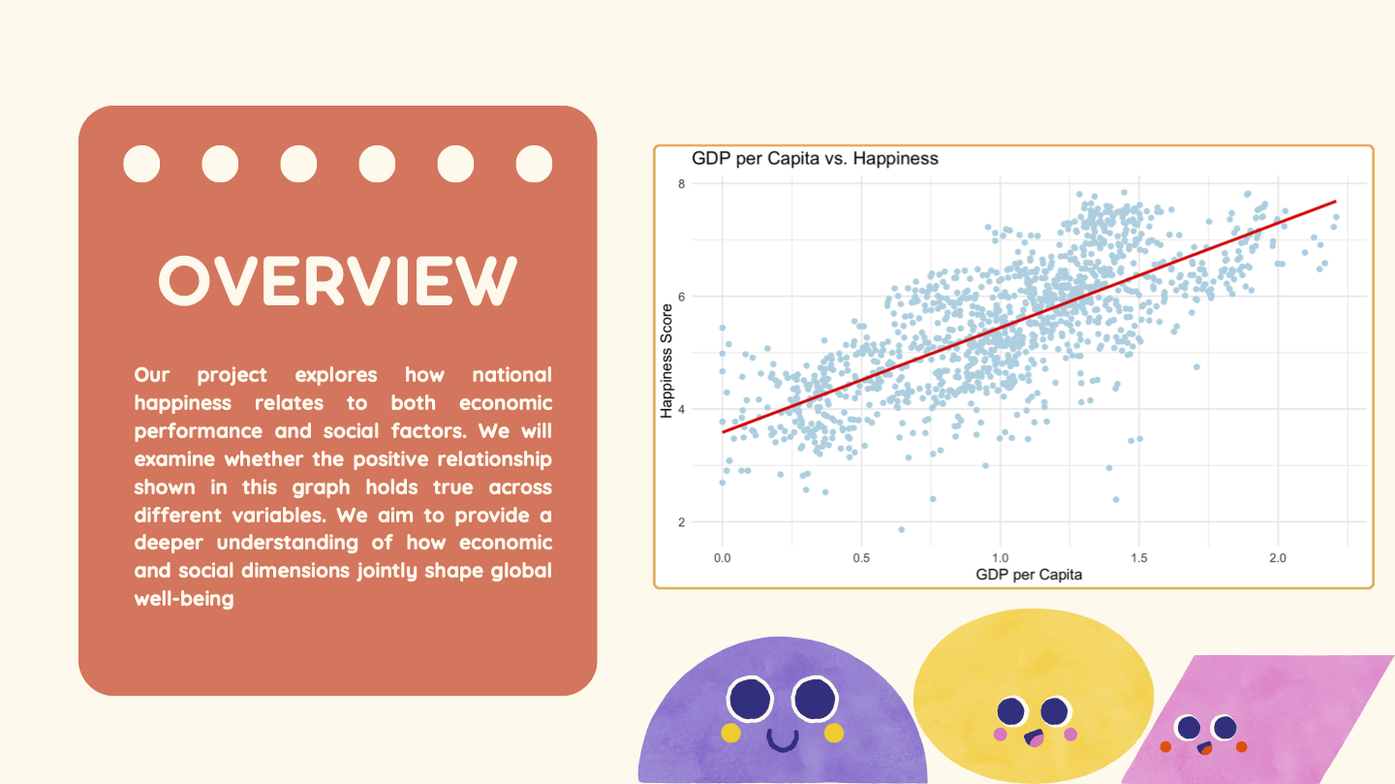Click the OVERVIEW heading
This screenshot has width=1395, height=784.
(x=337, y=281)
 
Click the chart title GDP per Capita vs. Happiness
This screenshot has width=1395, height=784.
(x=815, y=159)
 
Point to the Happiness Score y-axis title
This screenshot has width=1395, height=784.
(x=666, y=361)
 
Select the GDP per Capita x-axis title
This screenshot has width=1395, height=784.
(x=1029, y=575)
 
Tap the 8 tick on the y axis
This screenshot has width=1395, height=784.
(x=681, y=184)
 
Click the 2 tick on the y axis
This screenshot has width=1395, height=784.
(x=681, y=522)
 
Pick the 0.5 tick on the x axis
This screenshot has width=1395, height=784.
(x=861, y=558)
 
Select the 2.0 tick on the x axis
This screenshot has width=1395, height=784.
(x=1277, y=558)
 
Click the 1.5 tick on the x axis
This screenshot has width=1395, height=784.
(x=1139, y=558)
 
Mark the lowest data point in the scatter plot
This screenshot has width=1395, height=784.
(x=901, y=530)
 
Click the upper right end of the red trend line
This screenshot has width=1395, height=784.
(x=1336, y=202)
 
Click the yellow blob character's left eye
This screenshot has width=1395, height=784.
(x=1010, y=711)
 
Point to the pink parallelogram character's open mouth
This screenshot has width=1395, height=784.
(x=1205, y=748)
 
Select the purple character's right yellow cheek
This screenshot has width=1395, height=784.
(x=833, y=733)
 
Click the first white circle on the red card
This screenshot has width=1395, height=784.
(x=141, y=164)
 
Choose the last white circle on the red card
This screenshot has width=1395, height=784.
(x=534, y=164)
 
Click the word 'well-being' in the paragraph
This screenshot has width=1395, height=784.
(x=184, y=599)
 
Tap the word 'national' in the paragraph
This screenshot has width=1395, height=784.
(x=511, y=374)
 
